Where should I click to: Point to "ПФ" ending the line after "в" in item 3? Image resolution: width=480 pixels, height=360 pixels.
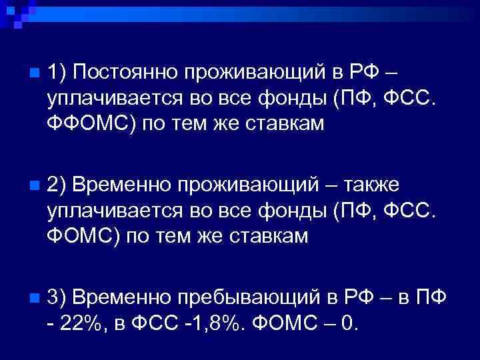431,295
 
